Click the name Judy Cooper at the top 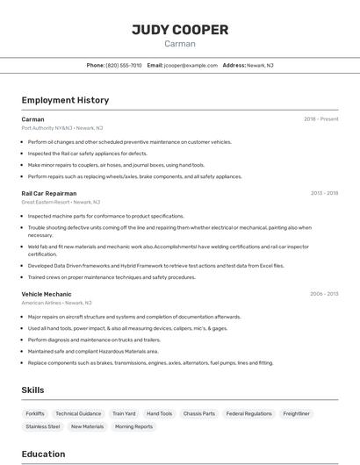point(180,30)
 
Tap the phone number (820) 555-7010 point(124,65)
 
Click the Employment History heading point(65,100)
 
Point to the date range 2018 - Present point(320,119)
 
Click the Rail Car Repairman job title point(49,193)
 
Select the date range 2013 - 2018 point(324,193)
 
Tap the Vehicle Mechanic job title point(47,294)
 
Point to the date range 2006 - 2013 point(323,294)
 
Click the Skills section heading point(32,390)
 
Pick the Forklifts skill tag point(35,413)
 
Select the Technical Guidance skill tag point(78,413)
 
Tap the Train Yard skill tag point(124,413)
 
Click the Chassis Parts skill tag point(198,413)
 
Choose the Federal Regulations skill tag point(248,413)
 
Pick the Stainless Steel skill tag point(43,426)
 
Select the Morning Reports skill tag point(133,426)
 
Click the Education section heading point(43,454)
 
